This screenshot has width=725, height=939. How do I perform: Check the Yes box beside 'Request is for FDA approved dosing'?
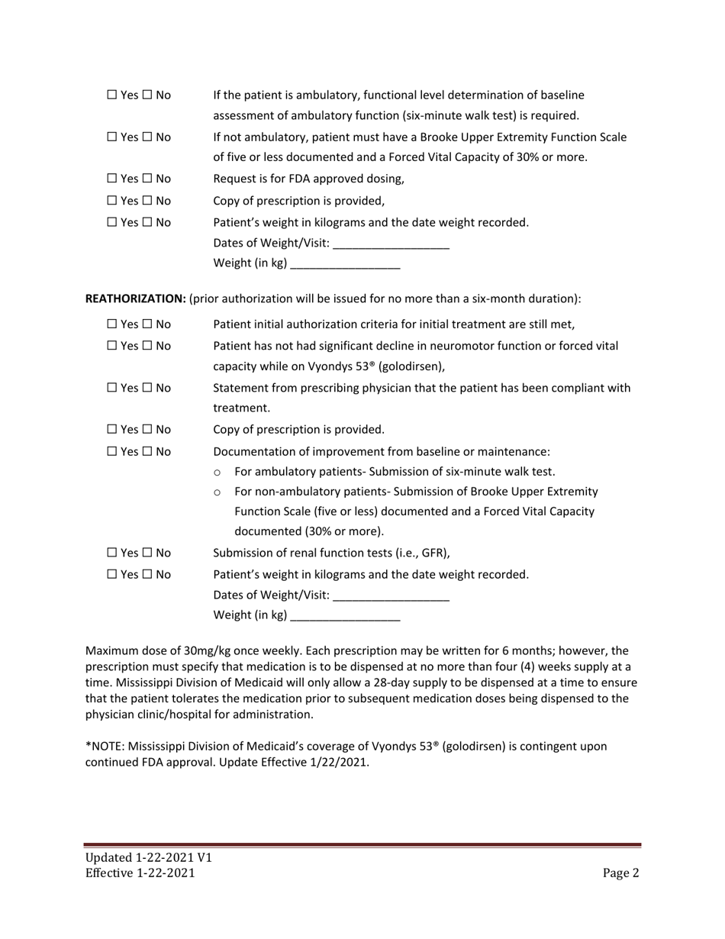(112, 179)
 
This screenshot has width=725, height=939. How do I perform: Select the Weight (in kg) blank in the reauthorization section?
(345, 615)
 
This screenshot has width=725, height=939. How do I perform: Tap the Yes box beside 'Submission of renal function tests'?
(112, 553)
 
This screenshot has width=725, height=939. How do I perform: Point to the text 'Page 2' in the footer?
(620, 873)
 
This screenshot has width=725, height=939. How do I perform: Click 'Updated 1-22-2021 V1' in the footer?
(148, 857)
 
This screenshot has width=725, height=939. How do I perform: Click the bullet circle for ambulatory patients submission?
(217, 473)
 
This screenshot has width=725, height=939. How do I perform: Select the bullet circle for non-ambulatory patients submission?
(217, 492)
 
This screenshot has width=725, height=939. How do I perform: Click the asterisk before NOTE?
(88, 745)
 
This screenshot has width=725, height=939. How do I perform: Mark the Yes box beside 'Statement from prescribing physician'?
(112, 388)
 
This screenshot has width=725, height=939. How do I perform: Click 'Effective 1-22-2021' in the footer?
(140, 873)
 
